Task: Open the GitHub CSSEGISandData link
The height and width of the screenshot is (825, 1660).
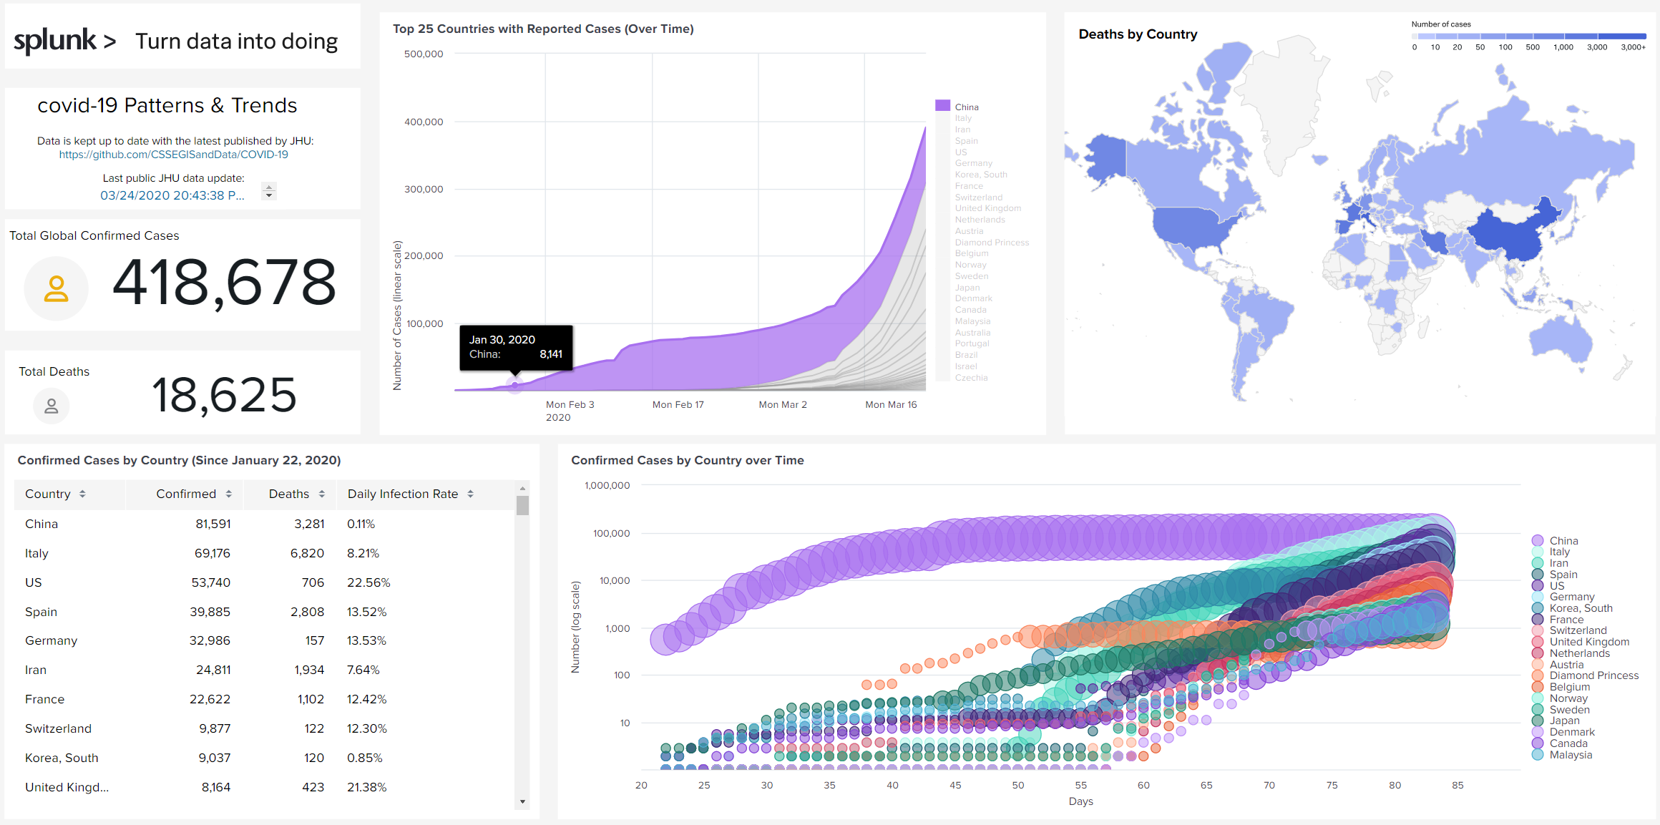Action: [x=173, y=155]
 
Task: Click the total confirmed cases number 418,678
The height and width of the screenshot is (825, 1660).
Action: [x=224, y=283]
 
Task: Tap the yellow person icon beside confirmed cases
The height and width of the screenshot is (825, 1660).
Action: [x=56, y=288]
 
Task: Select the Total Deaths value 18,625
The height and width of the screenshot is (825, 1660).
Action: [x=224, y=395]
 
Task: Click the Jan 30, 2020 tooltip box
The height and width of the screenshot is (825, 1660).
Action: [x=515, y=347]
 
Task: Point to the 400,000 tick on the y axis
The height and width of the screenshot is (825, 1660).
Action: [x=424, y=122]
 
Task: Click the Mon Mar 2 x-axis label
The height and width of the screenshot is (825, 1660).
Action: [x=782, y=404]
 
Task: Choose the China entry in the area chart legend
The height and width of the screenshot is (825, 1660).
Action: [x=966, y=107]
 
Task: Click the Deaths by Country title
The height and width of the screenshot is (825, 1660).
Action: [x=1138, y=34]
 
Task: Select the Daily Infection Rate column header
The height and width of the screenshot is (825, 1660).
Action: [x=403, y=494]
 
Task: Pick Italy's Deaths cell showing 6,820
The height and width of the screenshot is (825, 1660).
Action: [x=307, y=553]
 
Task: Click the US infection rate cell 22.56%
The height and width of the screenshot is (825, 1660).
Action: [x=368, y=582]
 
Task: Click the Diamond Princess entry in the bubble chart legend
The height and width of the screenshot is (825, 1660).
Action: [x=1593, y=675]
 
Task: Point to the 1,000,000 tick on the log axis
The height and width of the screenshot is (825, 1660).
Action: [x=607, y=485]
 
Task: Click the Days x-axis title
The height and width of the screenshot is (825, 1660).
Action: [x=1080, y=801]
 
